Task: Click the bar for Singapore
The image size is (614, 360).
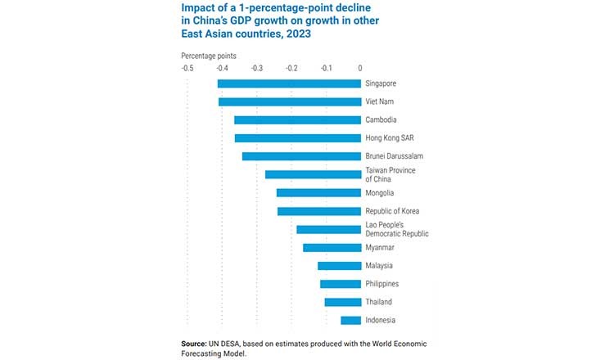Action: [289, 83]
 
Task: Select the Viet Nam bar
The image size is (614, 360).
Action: [290, 101]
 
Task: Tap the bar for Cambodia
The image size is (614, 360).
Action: [297, 119]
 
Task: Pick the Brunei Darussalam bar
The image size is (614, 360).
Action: [301, 156]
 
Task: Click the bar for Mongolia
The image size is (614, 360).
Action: [318, 193]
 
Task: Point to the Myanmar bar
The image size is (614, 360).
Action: [332, 247]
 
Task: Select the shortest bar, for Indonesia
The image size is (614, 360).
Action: [350, 320]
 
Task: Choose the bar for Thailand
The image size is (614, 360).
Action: [342, 302]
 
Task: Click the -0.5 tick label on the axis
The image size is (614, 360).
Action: [187, 68]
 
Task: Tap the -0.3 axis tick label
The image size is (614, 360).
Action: [257, 68]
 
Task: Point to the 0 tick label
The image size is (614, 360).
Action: [360, 68]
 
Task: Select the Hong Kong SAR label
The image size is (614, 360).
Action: [389, 138]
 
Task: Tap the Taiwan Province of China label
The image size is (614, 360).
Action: [390, 174]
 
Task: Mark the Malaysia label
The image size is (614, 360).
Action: [379, 265]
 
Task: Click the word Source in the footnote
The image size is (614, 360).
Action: [195, 343]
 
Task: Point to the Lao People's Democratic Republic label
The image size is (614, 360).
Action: [396, 229]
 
